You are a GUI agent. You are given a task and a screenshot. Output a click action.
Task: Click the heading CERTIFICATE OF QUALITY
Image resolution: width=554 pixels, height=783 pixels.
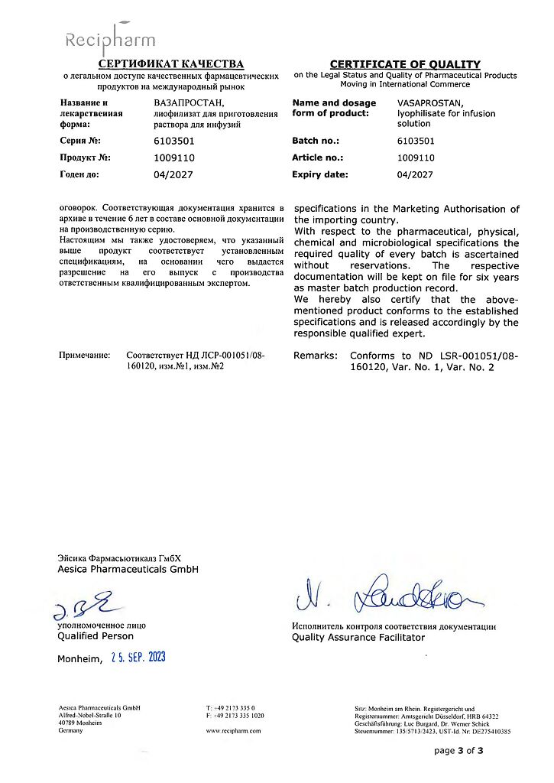pos(405,64)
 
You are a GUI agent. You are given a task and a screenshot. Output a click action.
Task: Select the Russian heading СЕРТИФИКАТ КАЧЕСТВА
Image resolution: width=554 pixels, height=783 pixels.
pos(170,63)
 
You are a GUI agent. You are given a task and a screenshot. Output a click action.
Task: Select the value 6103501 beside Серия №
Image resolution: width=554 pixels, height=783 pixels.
pos(173,141)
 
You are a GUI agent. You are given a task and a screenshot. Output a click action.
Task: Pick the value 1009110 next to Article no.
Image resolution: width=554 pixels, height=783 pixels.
pos(416,158)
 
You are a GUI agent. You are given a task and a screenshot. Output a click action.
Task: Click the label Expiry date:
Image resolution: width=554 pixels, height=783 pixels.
pos(320,174)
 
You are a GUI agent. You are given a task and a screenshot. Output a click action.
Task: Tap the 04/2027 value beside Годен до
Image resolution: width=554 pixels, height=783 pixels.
pos(173,174)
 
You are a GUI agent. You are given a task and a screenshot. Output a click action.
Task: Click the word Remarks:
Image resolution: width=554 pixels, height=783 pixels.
pos(316,356)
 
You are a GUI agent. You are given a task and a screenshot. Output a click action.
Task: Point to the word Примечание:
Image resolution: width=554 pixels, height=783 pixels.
pos(85,356)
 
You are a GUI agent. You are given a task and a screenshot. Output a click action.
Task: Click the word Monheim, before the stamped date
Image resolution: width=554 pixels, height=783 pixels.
pos(79,659)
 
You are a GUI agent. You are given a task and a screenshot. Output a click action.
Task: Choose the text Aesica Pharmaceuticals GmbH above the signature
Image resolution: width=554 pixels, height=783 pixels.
pos(128,570)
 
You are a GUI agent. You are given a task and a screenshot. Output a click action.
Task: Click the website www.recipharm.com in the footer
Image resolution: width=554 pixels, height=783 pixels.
pos(233,731)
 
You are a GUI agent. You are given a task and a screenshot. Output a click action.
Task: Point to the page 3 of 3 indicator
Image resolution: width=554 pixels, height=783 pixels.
pos(458,751)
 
